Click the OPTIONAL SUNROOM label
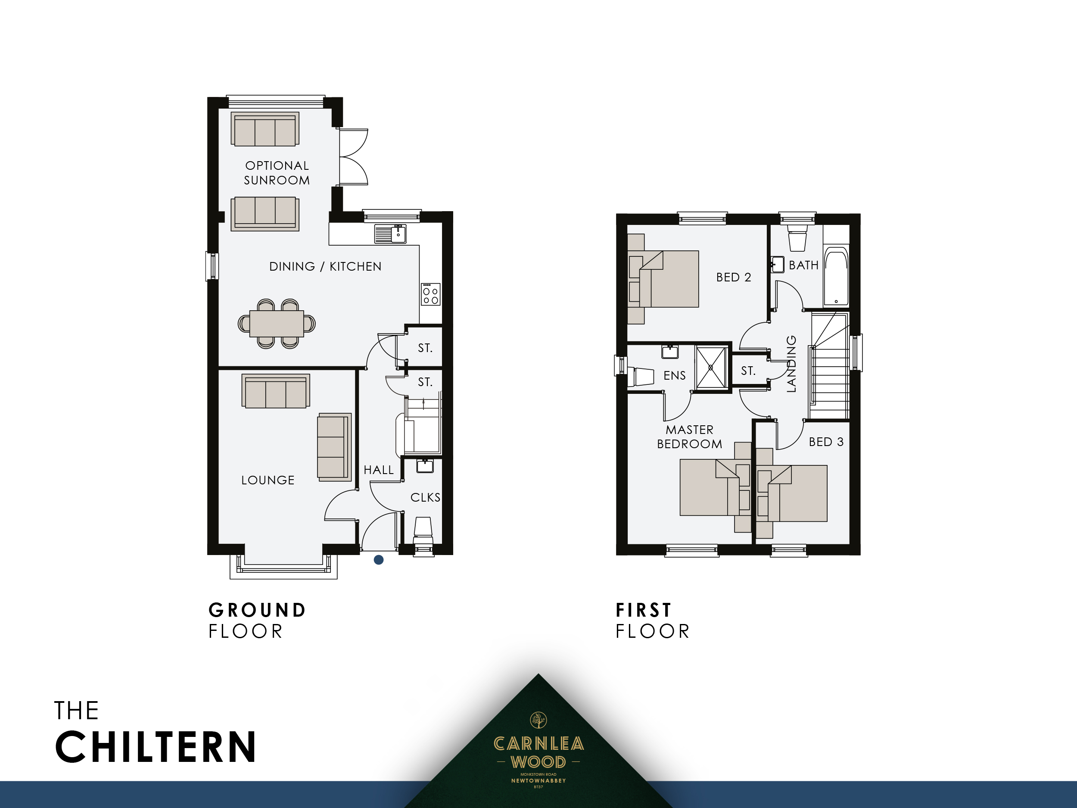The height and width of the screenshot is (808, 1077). click(x=277, y=173)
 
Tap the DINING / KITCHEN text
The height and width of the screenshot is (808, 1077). click(x=325, y=266)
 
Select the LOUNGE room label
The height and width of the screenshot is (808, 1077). click(x=268, y=480)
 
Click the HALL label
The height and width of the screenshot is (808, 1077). click(x=378, y=470)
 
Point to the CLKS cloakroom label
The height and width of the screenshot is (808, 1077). click(x=425, y=497)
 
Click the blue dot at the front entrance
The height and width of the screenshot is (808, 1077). click(x=379, y=560)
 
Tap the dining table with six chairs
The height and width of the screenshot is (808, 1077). click(x=277, y=323)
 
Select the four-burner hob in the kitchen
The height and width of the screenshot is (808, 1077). click(x=430, y=294)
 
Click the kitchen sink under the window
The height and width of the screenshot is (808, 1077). click(x=390, y=234)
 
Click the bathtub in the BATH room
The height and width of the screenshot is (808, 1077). click(x=836, y=277)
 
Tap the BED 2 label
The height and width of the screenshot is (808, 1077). click(x=733, y=277)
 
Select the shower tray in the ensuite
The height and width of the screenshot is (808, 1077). click(x=711, y=367)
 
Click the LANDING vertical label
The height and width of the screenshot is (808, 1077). click(x=791, y=363)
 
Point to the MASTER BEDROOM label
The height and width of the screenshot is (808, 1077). click(x=689, y=437)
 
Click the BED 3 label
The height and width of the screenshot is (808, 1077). click(x=826, y=442)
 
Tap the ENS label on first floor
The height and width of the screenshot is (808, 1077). click(x=674, y=375)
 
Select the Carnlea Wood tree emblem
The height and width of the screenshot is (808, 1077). click(x=538, y=720)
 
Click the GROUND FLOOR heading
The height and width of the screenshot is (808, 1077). click(x=257, y=621)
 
